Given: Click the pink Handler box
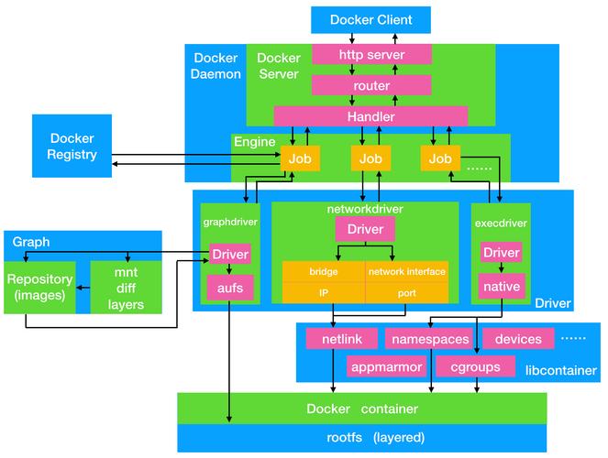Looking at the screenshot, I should click(x=370, y=116).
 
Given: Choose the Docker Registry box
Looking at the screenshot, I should click(x=72, y=147).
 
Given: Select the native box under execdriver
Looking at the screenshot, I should click(x=502, y=287).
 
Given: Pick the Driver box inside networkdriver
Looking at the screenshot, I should click(x=365, y=229).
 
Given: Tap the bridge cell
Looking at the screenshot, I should click(x=323, y=272).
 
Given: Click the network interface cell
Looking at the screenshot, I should click(x=406, y=272).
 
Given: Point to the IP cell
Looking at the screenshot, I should click(x=323, y=292).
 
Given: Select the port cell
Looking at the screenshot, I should click(x=406, y=292).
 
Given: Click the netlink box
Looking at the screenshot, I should click(x=342, y=338).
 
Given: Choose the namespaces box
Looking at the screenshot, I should click(x=430, y=338).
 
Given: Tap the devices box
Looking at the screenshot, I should click(x=518, y=338).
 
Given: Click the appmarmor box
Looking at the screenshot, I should click(x=385, y=366).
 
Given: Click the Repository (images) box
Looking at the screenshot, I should click(x=41, y=287).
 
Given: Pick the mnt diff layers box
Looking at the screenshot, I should click(x=126, y=287).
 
